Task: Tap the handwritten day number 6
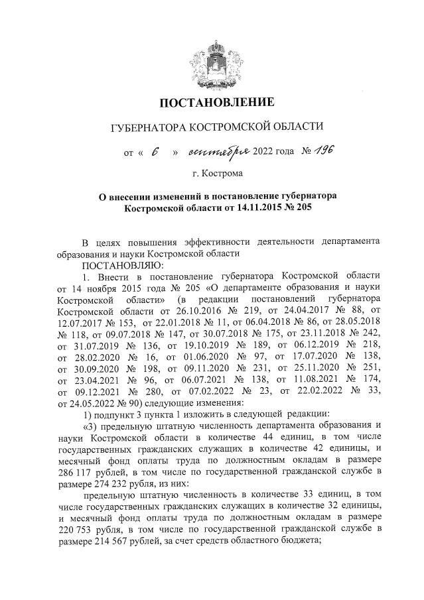pyautogui.click(x=155, y=152)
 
